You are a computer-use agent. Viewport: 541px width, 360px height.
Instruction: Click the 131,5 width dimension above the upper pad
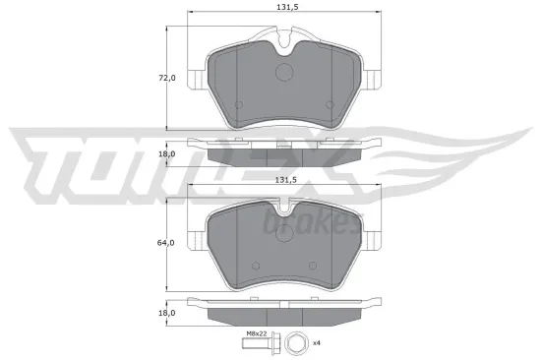[x=284, y=9]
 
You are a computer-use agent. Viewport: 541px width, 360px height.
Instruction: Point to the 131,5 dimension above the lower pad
[x=284, y=180]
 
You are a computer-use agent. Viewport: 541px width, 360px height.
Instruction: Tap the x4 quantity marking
[x=317, y=343]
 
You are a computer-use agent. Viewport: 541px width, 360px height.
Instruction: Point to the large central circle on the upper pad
[x=284, y=73]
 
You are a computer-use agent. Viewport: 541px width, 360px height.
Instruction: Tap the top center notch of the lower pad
[x=284, y=208]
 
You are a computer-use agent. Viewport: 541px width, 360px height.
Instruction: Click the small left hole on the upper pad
[x=238, y=105]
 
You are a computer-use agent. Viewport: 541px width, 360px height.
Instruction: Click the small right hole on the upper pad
[x=331, y=105]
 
